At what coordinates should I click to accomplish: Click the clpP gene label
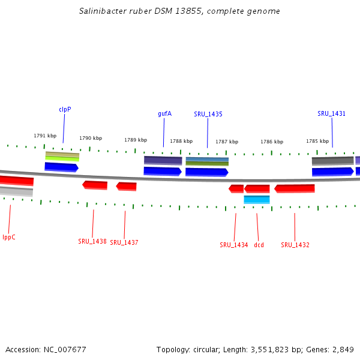coord(65,109)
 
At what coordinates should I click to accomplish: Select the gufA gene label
coord(164,113)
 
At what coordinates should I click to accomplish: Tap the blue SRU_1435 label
coord(208,114)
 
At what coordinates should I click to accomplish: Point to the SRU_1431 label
coord(331,113)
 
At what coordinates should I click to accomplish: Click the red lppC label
coord(9,237)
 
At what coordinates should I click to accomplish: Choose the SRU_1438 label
coord(92,241)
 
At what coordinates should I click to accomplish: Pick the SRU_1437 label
coord(124,242)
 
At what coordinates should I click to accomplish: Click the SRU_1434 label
coord(233,245)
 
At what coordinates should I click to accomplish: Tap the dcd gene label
coord(259,245)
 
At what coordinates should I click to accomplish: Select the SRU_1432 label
coord(295,245)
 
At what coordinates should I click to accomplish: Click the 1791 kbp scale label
coord(45,136)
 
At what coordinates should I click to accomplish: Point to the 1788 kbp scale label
coord(181,141)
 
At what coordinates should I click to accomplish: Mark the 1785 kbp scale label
coord(317,141)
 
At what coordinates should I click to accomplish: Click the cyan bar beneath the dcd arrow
coord(256,199)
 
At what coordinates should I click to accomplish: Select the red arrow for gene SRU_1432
coord(295,188)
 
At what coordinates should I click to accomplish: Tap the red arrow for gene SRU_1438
coord(95,185)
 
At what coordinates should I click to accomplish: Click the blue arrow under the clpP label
coord(61,166)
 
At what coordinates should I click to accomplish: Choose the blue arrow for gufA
coord(163,171)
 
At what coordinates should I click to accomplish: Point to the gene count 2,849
coord(342,349)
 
